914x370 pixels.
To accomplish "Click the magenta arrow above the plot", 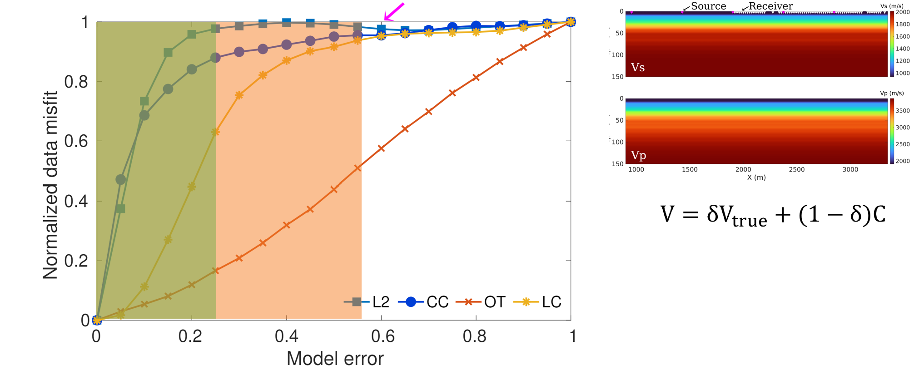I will (x=393, y=12).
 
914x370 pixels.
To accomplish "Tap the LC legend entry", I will (x=538, y=302).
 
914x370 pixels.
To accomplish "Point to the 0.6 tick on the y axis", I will (x=76, y=141).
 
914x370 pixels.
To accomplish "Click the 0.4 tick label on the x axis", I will (x=287, y=336).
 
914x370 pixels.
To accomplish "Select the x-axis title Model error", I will (x=335, y=359).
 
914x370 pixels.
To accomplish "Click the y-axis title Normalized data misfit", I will (x=50, y=185).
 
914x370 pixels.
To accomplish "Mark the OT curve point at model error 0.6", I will (x=381, y=148).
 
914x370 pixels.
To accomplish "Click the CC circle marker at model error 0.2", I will (x=192, y=69).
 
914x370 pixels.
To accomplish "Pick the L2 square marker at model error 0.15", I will (x=168, y=53).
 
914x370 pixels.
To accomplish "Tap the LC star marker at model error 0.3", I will (x=239, y=95).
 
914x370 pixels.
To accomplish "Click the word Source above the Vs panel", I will (x=708, y=6).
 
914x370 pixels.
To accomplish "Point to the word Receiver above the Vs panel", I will (x=770, y=6).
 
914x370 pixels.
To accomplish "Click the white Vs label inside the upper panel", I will (x=638, y=68).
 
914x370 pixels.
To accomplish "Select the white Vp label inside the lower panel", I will (x=638, y=155).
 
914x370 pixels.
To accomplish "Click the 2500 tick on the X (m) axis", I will (x=796, y=169).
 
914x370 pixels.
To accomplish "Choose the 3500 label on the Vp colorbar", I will (x=902, y=110).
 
